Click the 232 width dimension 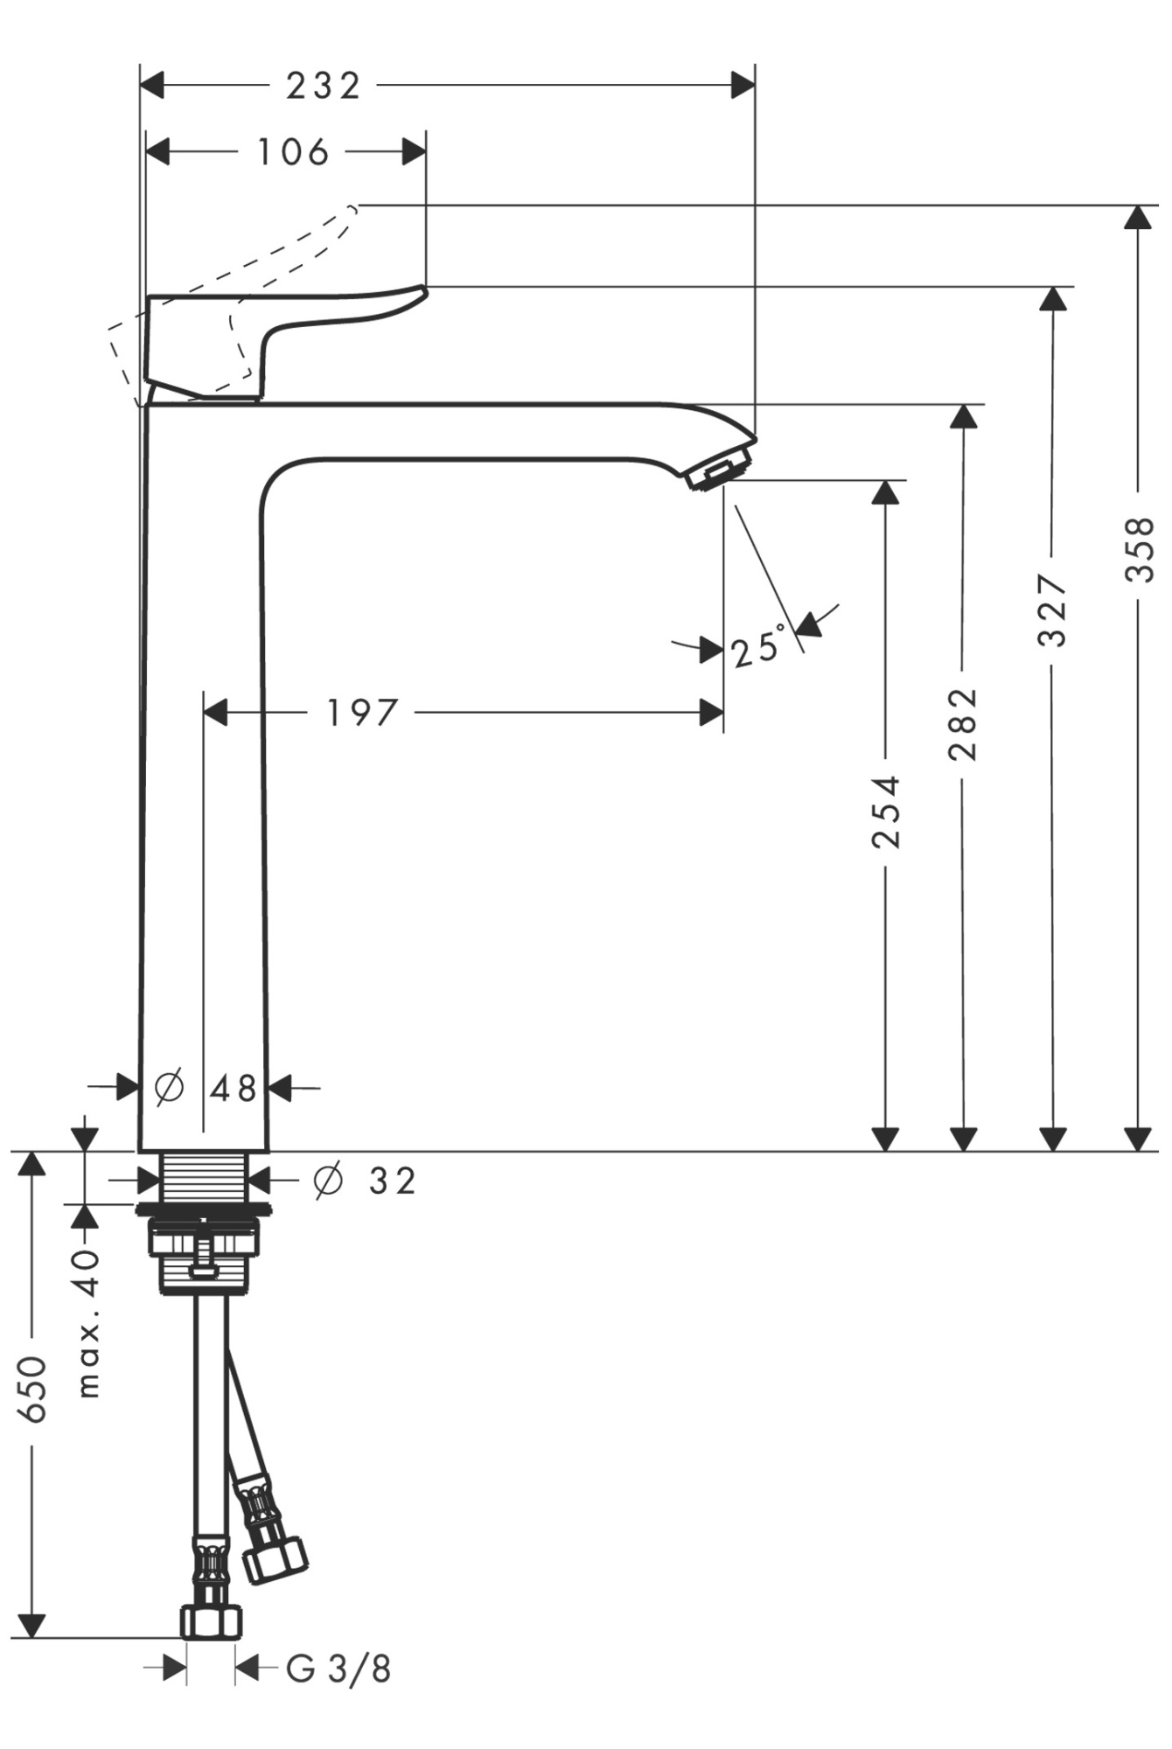point(323,87)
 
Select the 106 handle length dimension point(292,152)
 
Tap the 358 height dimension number point(1140,549)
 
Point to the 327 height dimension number point(1053,610)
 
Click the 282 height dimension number point(963,723)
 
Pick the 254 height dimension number point(886,811)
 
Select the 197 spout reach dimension point(361,713)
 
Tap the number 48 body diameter point(234,1089)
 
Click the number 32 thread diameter point(393,1181)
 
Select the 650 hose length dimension point(32,1390)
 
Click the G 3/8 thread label point(338,1669)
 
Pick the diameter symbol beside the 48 point(169,1087)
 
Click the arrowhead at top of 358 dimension point(1139,217)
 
